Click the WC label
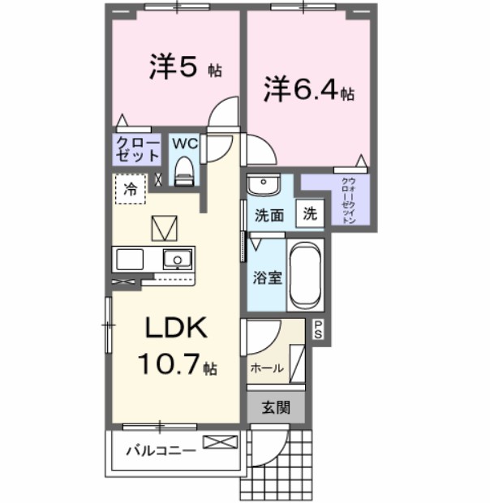click(x=186, y=143)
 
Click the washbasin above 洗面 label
click(x=262, y=186)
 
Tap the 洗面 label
click(x=268, y=216)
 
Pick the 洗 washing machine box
click(x=310, y=214)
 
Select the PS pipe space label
click(x=318, y=330)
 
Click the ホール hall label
click(x=267, y=368)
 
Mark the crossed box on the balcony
click(x=221, y=442)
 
